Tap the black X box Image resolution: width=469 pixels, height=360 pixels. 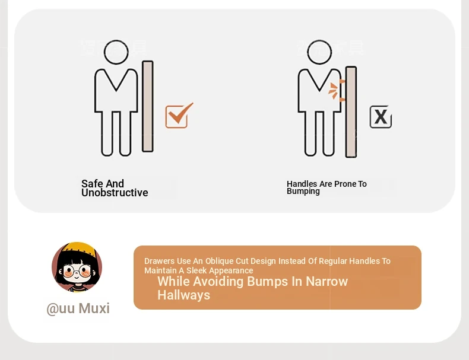(x=381, y=116)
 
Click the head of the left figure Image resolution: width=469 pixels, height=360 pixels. (x=116, y=52)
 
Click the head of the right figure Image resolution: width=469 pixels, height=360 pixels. (x=319, y=52)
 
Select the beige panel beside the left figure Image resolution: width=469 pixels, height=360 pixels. (x=148, y=106)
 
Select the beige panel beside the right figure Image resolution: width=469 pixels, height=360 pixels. (x=351, y=111)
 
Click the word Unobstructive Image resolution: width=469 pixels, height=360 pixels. (x=115, y=193)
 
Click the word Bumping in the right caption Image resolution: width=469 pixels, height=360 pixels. (x=303, y=191)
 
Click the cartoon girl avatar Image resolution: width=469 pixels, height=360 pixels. (x=77, y=267)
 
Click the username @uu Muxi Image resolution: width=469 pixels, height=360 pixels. (x=78, y=308)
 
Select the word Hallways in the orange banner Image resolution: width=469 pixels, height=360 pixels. (x=183, y=295)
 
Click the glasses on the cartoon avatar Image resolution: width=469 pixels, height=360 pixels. (x=77, y=272)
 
